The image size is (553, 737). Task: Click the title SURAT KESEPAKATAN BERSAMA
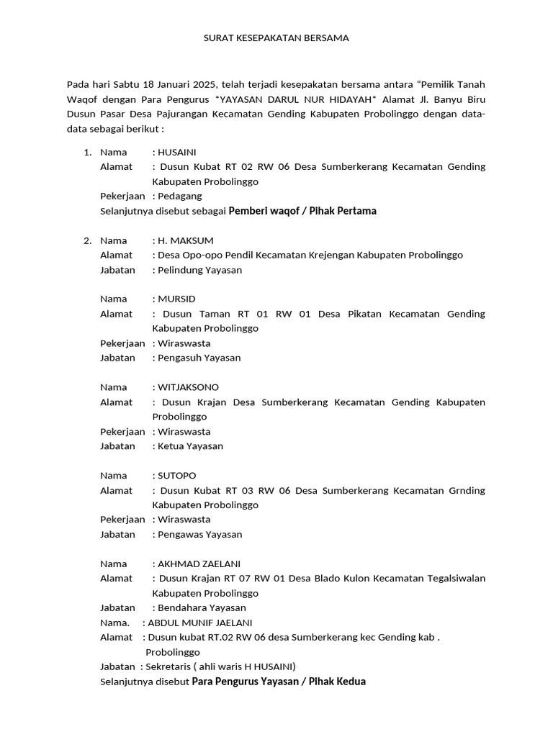[276, 38]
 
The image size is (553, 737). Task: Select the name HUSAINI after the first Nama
[177, 152]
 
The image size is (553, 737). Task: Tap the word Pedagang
[180, 196]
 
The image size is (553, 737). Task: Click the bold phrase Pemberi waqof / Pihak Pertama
[302, 211]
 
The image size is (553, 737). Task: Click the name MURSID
[176, 299]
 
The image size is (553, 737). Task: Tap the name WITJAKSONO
[189, 387]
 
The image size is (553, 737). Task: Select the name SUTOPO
[177, 476]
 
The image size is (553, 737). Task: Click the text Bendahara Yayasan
[202, 608]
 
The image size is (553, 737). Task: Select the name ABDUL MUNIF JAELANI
[200, 623]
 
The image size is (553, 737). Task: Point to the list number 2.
[86, 240]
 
